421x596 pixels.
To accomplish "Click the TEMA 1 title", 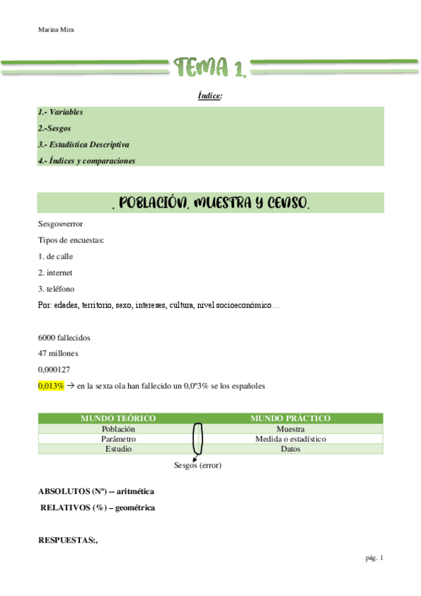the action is tap(210, 67).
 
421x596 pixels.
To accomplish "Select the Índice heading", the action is tap(210, 96).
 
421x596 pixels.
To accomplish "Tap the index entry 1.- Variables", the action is tap(60, 112).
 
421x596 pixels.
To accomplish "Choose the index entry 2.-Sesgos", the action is tap(55, 129).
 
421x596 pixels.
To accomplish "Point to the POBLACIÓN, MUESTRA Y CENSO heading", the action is tap(210, 203).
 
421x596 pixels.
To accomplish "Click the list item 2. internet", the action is tap(55, 272).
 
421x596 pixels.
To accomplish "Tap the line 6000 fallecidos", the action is tap(64, 337).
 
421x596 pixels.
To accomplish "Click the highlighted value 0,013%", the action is tap(51, 386).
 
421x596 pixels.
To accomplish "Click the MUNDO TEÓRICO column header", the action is tap(118, 419).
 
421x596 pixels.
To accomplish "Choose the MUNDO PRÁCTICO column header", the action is tap(290, 419).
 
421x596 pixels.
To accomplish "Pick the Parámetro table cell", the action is tap(118, 439).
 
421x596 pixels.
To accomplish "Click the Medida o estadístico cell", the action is tap(290, 439).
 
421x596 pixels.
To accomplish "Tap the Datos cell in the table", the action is tap(290, 448).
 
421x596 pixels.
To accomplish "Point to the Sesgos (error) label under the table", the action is tap(197, 465).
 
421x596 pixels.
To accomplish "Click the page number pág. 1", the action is tap(374, 558).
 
